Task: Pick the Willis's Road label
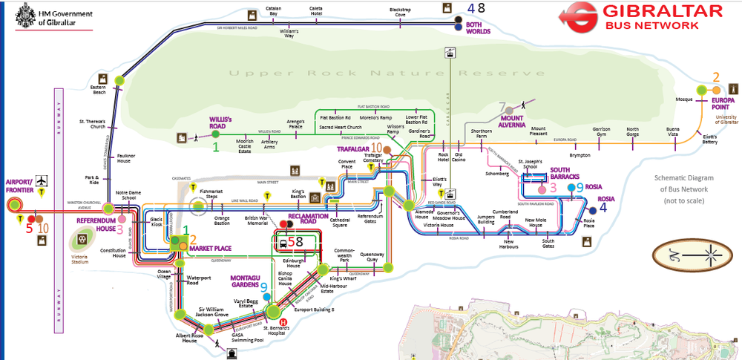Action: [220, 122]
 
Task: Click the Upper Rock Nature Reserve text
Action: [381, 73]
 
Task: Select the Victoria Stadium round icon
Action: [81, 240]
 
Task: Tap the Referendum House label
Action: [96, 225]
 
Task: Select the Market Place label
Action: [210, 249]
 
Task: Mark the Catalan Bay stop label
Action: [274, 11]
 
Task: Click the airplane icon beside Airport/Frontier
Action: [41, 180]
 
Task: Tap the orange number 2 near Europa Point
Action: [716, 76]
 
